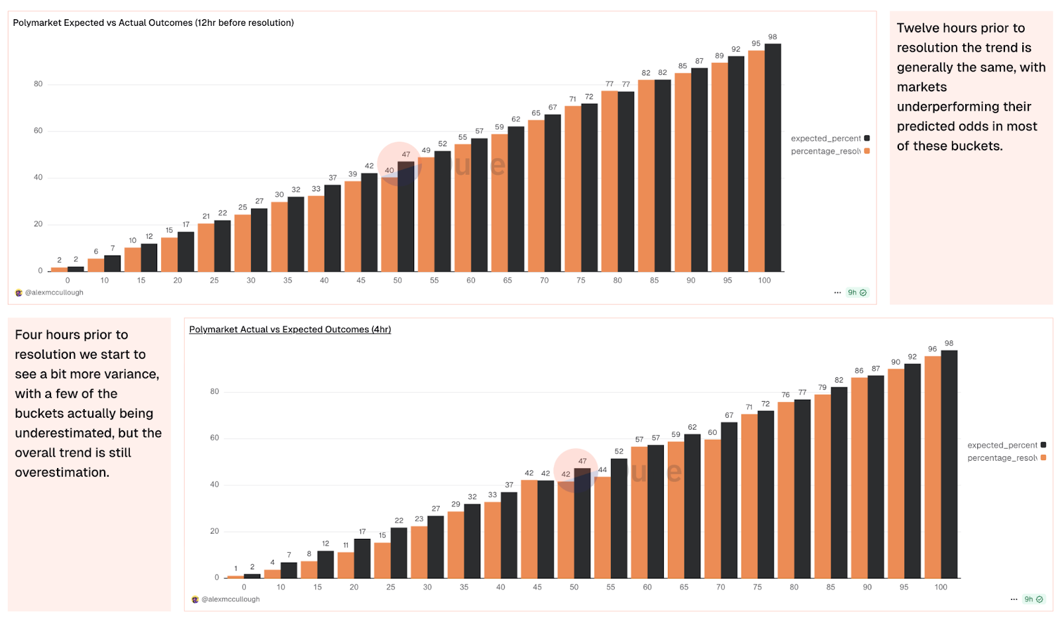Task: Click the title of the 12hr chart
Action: tap(153, 23)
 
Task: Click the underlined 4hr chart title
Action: tap(290, 329)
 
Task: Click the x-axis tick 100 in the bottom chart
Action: tap(941, 587)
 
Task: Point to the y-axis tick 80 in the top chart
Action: tap(38, 84)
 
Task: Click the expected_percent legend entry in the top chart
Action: tap(826, 138)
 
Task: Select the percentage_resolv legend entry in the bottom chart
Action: tap(1002, 458)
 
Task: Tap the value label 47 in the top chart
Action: tap(406, 154)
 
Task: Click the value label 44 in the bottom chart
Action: tap(602, 470)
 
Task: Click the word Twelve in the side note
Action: tap(918, 28)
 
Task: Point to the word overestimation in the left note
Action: tap(62, 473)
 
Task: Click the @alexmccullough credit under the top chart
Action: tap(54, 293)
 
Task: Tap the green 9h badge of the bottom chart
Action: tap(1033, 599)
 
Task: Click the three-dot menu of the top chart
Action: tap(837, 293)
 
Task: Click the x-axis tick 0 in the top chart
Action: tap(68, 281)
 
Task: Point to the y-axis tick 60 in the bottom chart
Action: tap(215, 438)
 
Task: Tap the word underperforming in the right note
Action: tap(964, 107)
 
